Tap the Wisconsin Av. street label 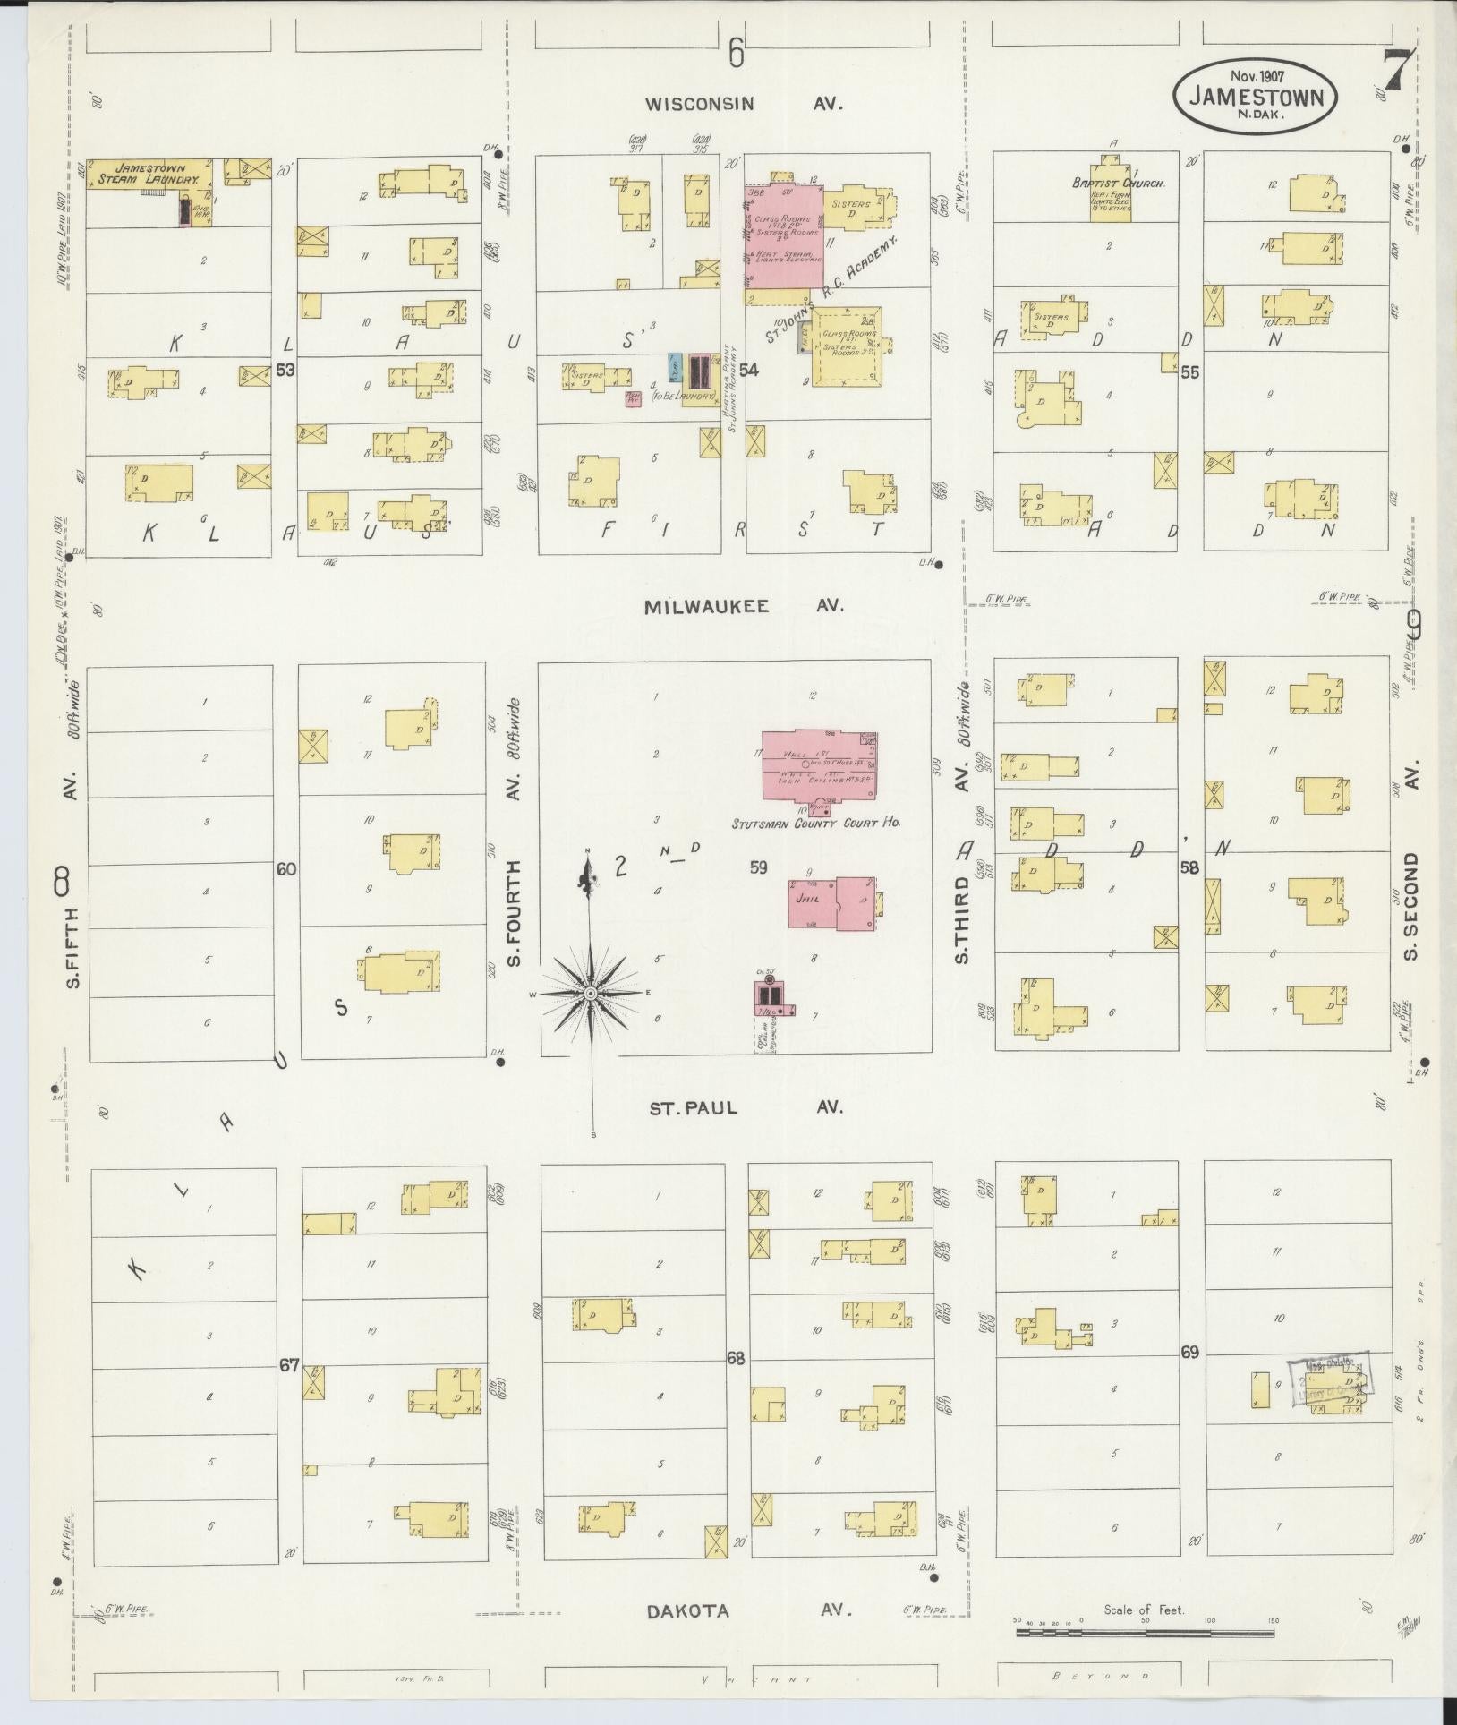745,104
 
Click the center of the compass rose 590,994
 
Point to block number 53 285,370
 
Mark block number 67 288,1366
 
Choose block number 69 1189,1378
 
